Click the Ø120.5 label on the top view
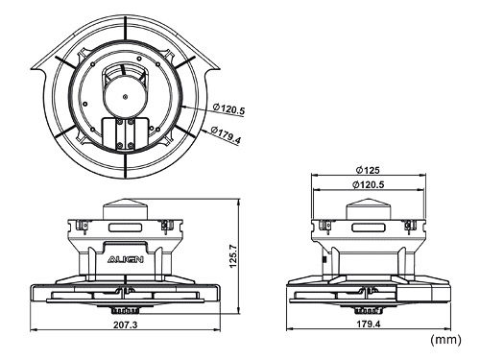point(228,111)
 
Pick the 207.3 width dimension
point(124,326)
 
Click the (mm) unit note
point(445,340)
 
